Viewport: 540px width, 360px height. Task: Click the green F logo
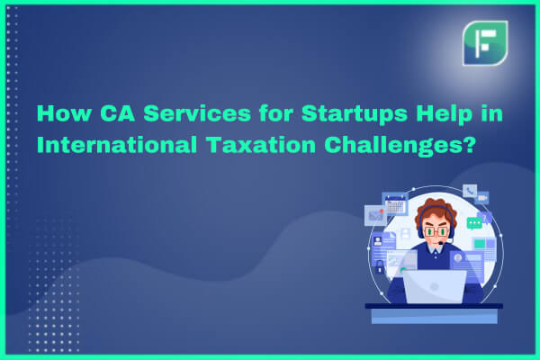pyautogui.click(x=485, y=43)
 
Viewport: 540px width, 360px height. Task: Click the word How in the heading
pyautogui.click(x=65, y=113)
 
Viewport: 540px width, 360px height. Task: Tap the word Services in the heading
pyautogui.click(x=197, y=113)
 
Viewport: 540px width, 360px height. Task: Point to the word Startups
pyautogui.click(x=355, y=114)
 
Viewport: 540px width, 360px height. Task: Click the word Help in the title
pyautogui.click(x=444, y=114)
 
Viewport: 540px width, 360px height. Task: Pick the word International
pyautogui.click(x=117, y=145)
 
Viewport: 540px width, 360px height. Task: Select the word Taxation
pyautogui.click(x=261, y=145)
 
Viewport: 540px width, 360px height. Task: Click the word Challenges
pyautogui.click(x=391, y=146)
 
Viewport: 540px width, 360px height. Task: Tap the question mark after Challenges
pyautogui.click(x=468, y=145)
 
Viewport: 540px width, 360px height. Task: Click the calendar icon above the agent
pyautogui.click(x=395, y=204)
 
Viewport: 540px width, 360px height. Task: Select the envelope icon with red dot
pyautogui.click(x=375, y=215)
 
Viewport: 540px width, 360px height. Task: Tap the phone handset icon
pyautogui.click(x=470, y=191)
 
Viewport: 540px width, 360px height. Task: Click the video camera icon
pyautogui.click(x=481, y=198)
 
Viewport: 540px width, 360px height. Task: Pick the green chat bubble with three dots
pyautogui.click(x=474, y=223)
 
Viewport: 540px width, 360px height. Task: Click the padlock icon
pyautogui.click(x=379, y=266)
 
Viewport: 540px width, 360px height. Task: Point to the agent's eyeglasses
pyautogui.click(x=436, y=231)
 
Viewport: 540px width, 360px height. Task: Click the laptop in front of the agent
pyautogui.click(x=435, y=286)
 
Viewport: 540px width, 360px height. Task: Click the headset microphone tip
pyautogui.click(x=440, y=243)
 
